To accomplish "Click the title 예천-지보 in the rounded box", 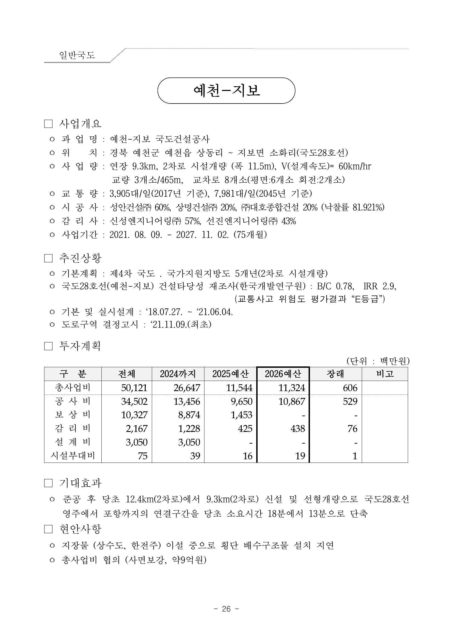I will (226, 91).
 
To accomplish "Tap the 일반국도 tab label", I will (77, 55).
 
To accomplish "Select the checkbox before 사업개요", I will (48, 124).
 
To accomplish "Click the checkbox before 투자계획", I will (48, 346).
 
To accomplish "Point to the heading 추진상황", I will (80, 258).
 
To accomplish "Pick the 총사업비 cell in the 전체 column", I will (134, 388).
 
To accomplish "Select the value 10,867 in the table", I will (292, 401).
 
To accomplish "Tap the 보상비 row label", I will (73, 415).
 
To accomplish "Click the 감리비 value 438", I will (298, 428).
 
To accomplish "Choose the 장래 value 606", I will (350, 388).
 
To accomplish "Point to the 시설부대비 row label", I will (73, 456).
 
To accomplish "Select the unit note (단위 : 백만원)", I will (378, 361).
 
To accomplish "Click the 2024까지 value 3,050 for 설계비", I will (189, 442).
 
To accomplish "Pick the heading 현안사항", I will (80, 529).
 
